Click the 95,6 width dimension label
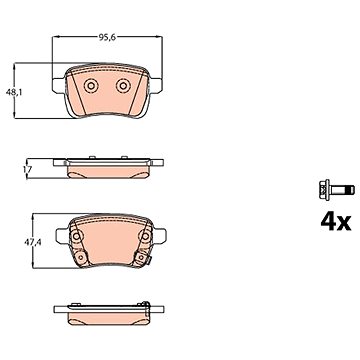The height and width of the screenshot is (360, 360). tap(107, 38)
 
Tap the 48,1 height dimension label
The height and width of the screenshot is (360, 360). tap(14, 93)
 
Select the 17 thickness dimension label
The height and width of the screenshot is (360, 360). tap(27, 169)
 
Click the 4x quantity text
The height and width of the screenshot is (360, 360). tap(336, 223)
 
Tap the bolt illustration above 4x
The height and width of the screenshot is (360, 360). tap(337, 190)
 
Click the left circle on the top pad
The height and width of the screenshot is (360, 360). tap(90, 86)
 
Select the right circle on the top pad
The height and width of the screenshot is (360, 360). tap(123, 86)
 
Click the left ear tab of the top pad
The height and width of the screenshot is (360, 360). tap(59, 85)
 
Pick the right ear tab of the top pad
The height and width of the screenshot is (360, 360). tap(156, 85)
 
